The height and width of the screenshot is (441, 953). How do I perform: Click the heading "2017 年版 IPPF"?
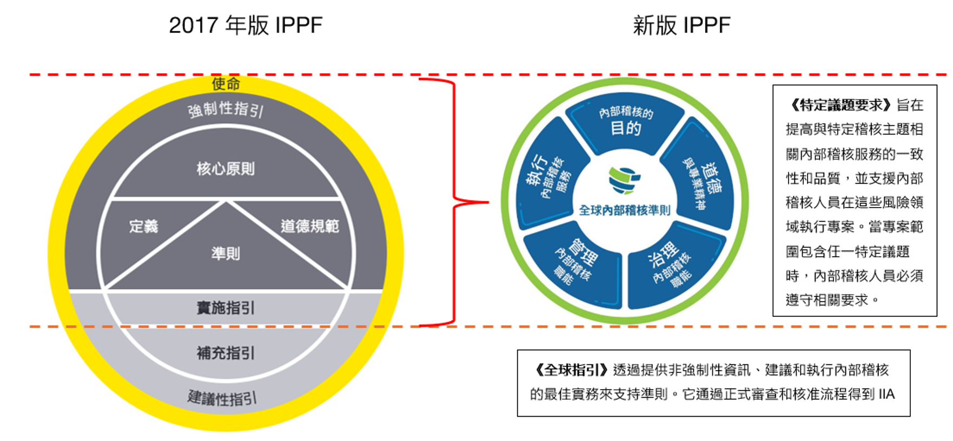click(x=246, y=25)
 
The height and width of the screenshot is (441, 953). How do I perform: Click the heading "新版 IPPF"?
click(x=681, y=25)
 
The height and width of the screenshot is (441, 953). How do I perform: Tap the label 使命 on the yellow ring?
click(x=226, y=84)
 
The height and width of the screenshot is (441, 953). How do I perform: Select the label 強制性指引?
click(x=226, y=110)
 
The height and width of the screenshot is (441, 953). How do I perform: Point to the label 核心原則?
click(x=226, y=169)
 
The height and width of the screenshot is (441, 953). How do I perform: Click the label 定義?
click(x=143, y=226)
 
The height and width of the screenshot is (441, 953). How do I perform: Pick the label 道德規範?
click(x=309, y=226)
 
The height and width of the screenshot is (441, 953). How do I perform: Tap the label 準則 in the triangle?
click(x=226, y=253)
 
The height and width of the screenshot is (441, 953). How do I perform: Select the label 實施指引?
click(x=226, y=308)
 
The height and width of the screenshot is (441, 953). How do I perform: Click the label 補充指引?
click(x=226, y=353)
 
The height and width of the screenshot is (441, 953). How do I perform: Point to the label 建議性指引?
click(x=222, y=398)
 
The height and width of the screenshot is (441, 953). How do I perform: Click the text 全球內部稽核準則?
click(x=625, y=210)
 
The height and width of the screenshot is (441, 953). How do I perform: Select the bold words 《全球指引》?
click(x=571, y=370)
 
